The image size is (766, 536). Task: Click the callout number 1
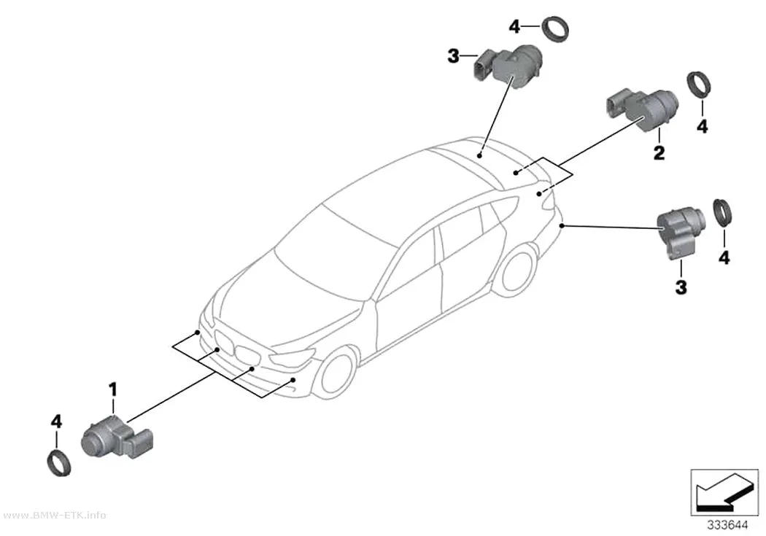[113, 390]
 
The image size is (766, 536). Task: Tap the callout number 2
[659, 153]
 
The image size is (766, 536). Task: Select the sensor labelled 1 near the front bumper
[117, 437]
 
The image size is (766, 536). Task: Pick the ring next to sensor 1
[59, 464]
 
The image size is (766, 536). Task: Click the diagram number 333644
[728, 525]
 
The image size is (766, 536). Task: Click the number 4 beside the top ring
[514, 27]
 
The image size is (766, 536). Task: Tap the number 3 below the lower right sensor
[681, 287]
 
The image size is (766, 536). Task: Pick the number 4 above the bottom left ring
[56, 422]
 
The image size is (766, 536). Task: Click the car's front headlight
[290, 358]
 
